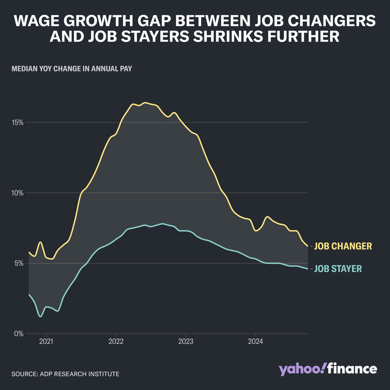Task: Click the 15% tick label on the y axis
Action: pos(18,123)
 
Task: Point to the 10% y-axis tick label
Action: pos(18,193)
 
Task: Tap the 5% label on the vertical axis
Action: pos(19,263)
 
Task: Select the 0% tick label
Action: pos(19,334)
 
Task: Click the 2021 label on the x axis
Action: pos(46,342)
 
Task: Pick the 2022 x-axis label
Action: pos(116,342)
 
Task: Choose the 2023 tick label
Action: pos(186,342)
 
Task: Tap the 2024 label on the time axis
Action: pos(255,342)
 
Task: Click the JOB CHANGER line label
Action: pos(343,246)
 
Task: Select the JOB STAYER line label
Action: pos(338,269)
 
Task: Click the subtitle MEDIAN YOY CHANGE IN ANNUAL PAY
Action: pos(71,69)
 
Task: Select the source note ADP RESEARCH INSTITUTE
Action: pos(65,374)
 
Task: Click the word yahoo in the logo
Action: pos(302,370)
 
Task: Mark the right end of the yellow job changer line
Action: pos(308,246)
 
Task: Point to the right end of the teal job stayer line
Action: pos(308,269)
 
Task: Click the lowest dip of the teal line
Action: pos(40,316)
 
